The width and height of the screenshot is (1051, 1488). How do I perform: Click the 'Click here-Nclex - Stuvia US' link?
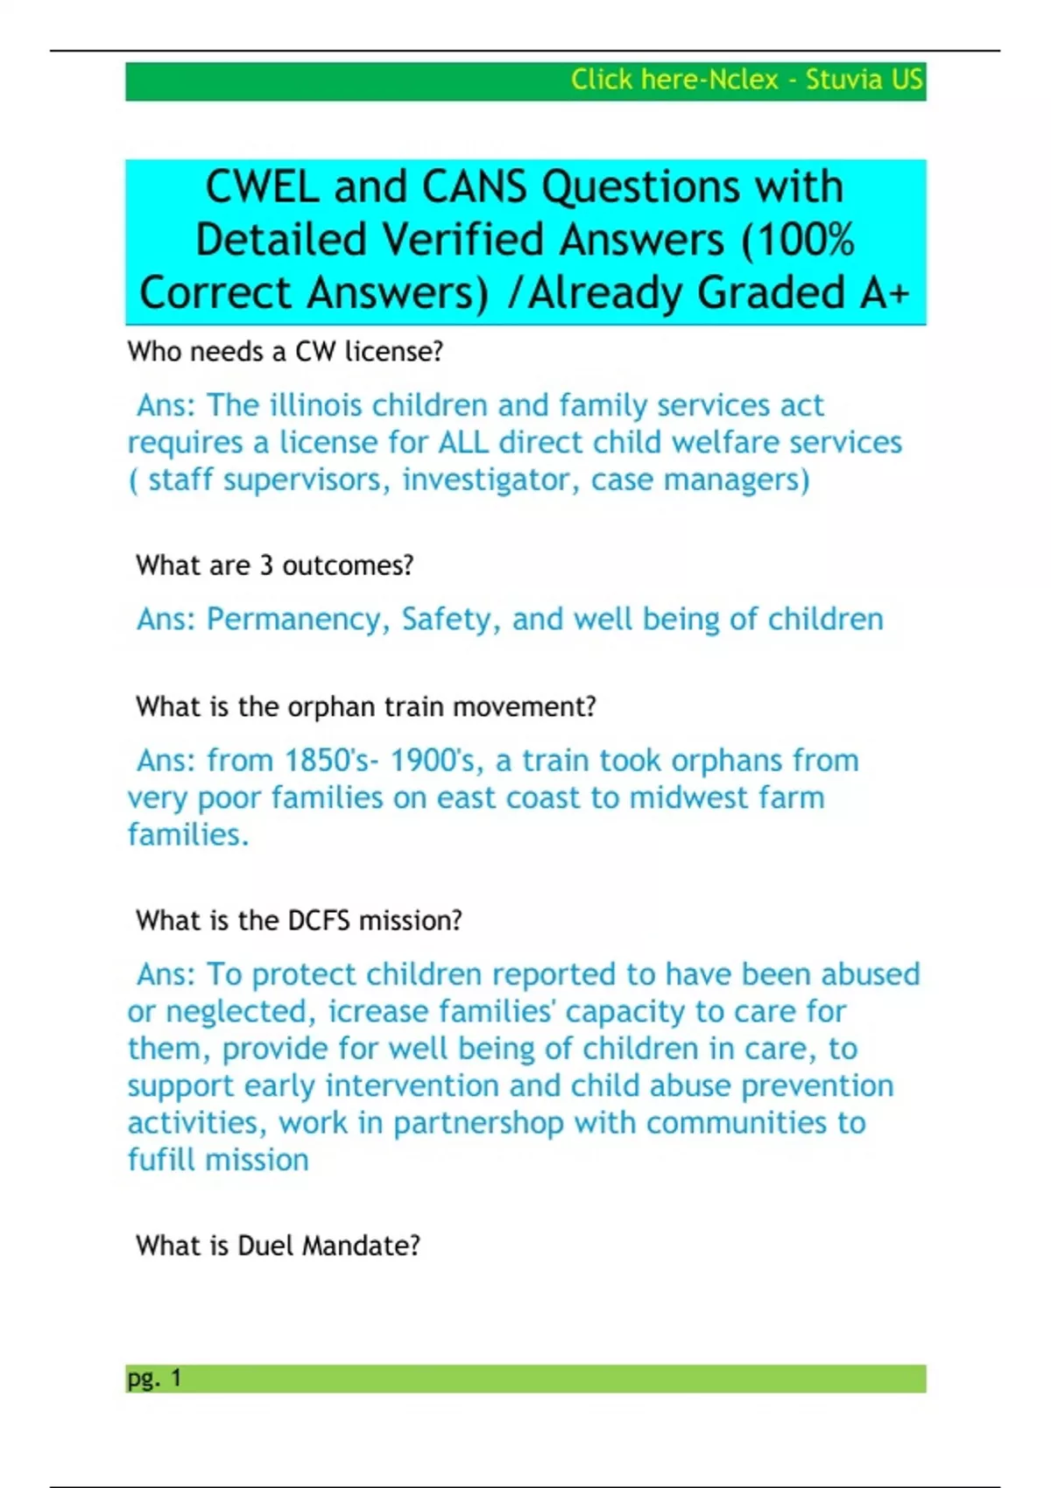(746, 80)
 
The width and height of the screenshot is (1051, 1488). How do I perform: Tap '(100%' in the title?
(797, 240)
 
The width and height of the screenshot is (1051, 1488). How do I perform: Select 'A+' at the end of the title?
(885, 292)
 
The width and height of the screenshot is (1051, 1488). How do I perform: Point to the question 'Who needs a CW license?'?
(286, 352)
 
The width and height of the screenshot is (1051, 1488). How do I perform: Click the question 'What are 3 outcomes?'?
(274, 565)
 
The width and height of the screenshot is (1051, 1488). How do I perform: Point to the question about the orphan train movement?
(366, 706)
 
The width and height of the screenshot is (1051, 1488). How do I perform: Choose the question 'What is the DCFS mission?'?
(299, 921)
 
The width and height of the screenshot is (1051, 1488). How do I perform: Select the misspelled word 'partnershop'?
(478, 1123)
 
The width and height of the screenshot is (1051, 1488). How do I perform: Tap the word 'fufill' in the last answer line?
(166, 1160)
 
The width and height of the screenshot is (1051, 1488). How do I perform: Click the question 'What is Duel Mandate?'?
(278, 1246)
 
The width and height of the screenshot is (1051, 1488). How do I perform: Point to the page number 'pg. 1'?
(154, 1379)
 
